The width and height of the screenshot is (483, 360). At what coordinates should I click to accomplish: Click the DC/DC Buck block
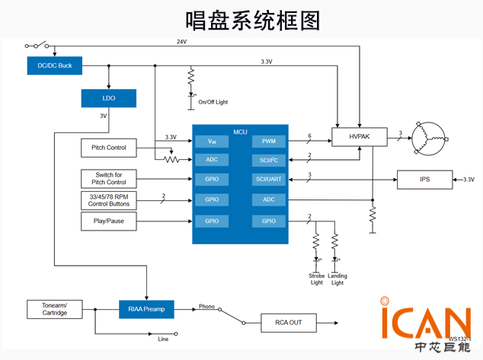[54, 65]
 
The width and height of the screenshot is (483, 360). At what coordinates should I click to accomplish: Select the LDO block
[109, 98]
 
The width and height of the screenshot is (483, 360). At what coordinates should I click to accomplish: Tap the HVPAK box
[359, 137]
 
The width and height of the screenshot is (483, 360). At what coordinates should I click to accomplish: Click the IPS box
[425, 180]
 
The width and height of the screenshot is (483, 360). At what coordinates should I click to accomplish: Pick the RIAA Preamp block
[146, 309]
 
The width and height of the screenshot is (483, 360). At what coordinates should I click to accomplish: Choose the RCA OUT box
[288, 323]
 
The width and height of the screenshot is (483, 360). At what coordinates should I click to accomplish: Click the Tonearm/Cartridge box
[54, 309]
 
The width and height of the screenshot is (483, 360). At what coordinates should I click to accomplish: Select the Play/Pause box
[108, 221]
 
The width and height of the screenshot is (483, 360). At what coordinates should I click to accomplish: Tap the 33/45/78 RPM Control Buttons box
[108, 200]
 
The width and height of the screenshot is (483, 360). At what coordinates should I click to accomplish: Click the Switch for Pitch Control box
[108, 179]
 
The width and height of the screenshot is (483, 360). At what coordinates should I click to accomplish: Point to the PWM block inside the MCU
[269, 141]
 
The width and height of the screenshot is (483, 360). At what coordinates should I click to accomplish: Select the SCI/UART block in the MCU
[269, 180]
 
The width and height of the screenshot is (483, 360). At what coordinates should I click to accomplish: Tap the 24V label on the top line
[181, 41]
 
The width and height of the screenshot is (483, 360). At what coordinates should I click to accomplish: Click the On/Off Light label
[213, 102]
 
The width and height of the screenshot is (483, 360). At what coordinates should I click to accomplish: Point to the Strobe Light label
[316, 279]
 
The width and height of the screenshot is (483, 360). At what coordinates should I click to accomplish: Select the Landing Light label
[337, 279]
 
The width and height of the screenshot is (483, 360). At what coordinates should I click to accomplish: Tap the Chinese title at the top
[241, 18]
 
